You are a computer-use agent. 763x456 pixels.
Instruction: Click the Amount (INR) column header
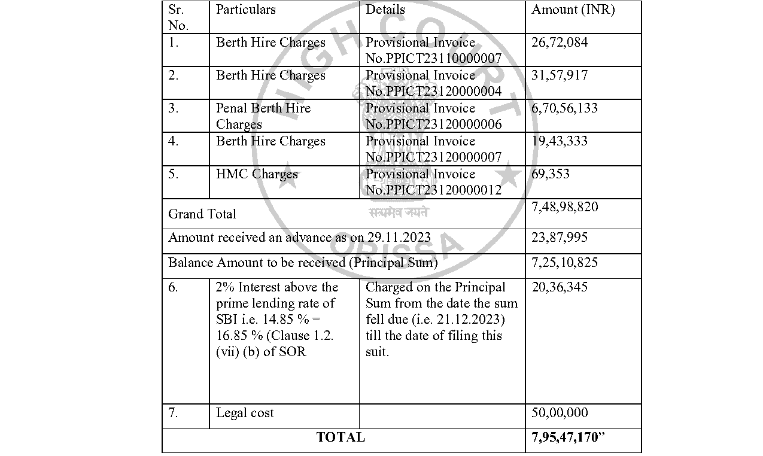click(x=573, y=10)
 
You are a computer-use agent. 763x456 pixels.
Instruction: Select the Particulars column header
click(x=245, y=10)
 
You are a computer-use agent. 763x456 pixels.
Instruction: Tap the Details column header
click(x=385, y=10)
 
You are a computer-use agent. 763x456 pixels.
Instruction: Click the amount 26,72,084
click(x=560, y=42)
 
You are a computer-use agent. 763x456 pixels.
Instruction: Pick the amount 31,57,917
click(x=560, y=75)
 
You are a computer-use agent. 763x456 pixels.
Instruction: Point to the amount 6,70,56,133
click(x=564, y=108)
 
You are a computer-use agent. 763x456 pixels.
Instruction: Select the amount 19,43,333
click(x=560, y=141)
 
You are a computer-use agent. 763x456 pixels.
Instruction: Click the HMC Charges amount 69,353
click(x=551, y=174)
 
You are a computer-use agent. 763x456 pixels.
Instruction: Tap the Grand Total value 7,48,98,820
click(x=564, y=207)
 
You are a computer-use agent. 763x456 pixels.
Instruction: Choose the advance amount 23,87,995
click(x=560, y=237)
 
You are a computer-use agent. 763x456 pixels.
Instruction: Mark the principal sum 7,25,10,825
click(x=564, y=262)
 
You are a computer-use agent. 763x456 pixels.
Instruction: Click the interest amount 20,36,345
click(x=560, y=287)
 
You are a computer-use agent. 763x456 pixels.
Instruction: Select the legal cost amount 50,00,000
click(x=560, y=413)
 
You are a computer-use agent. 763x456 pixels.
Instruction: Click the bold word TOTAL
click(x=341, y=437)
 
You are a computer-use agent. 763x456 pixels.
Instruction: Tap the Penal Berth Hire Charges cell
click(x=263, y=116)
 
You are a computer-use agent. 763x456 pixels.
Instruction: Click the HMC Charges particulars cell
click(x=257, y=174)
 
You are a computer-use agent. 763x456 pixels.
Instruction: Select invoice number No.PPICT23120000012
click(x=434, y=190)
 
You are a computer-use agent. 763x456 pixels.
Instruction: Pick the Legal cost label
click(x=245, y=413)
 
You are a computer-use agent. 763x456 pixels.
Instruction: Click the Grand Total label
click(x=202, y=214)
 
